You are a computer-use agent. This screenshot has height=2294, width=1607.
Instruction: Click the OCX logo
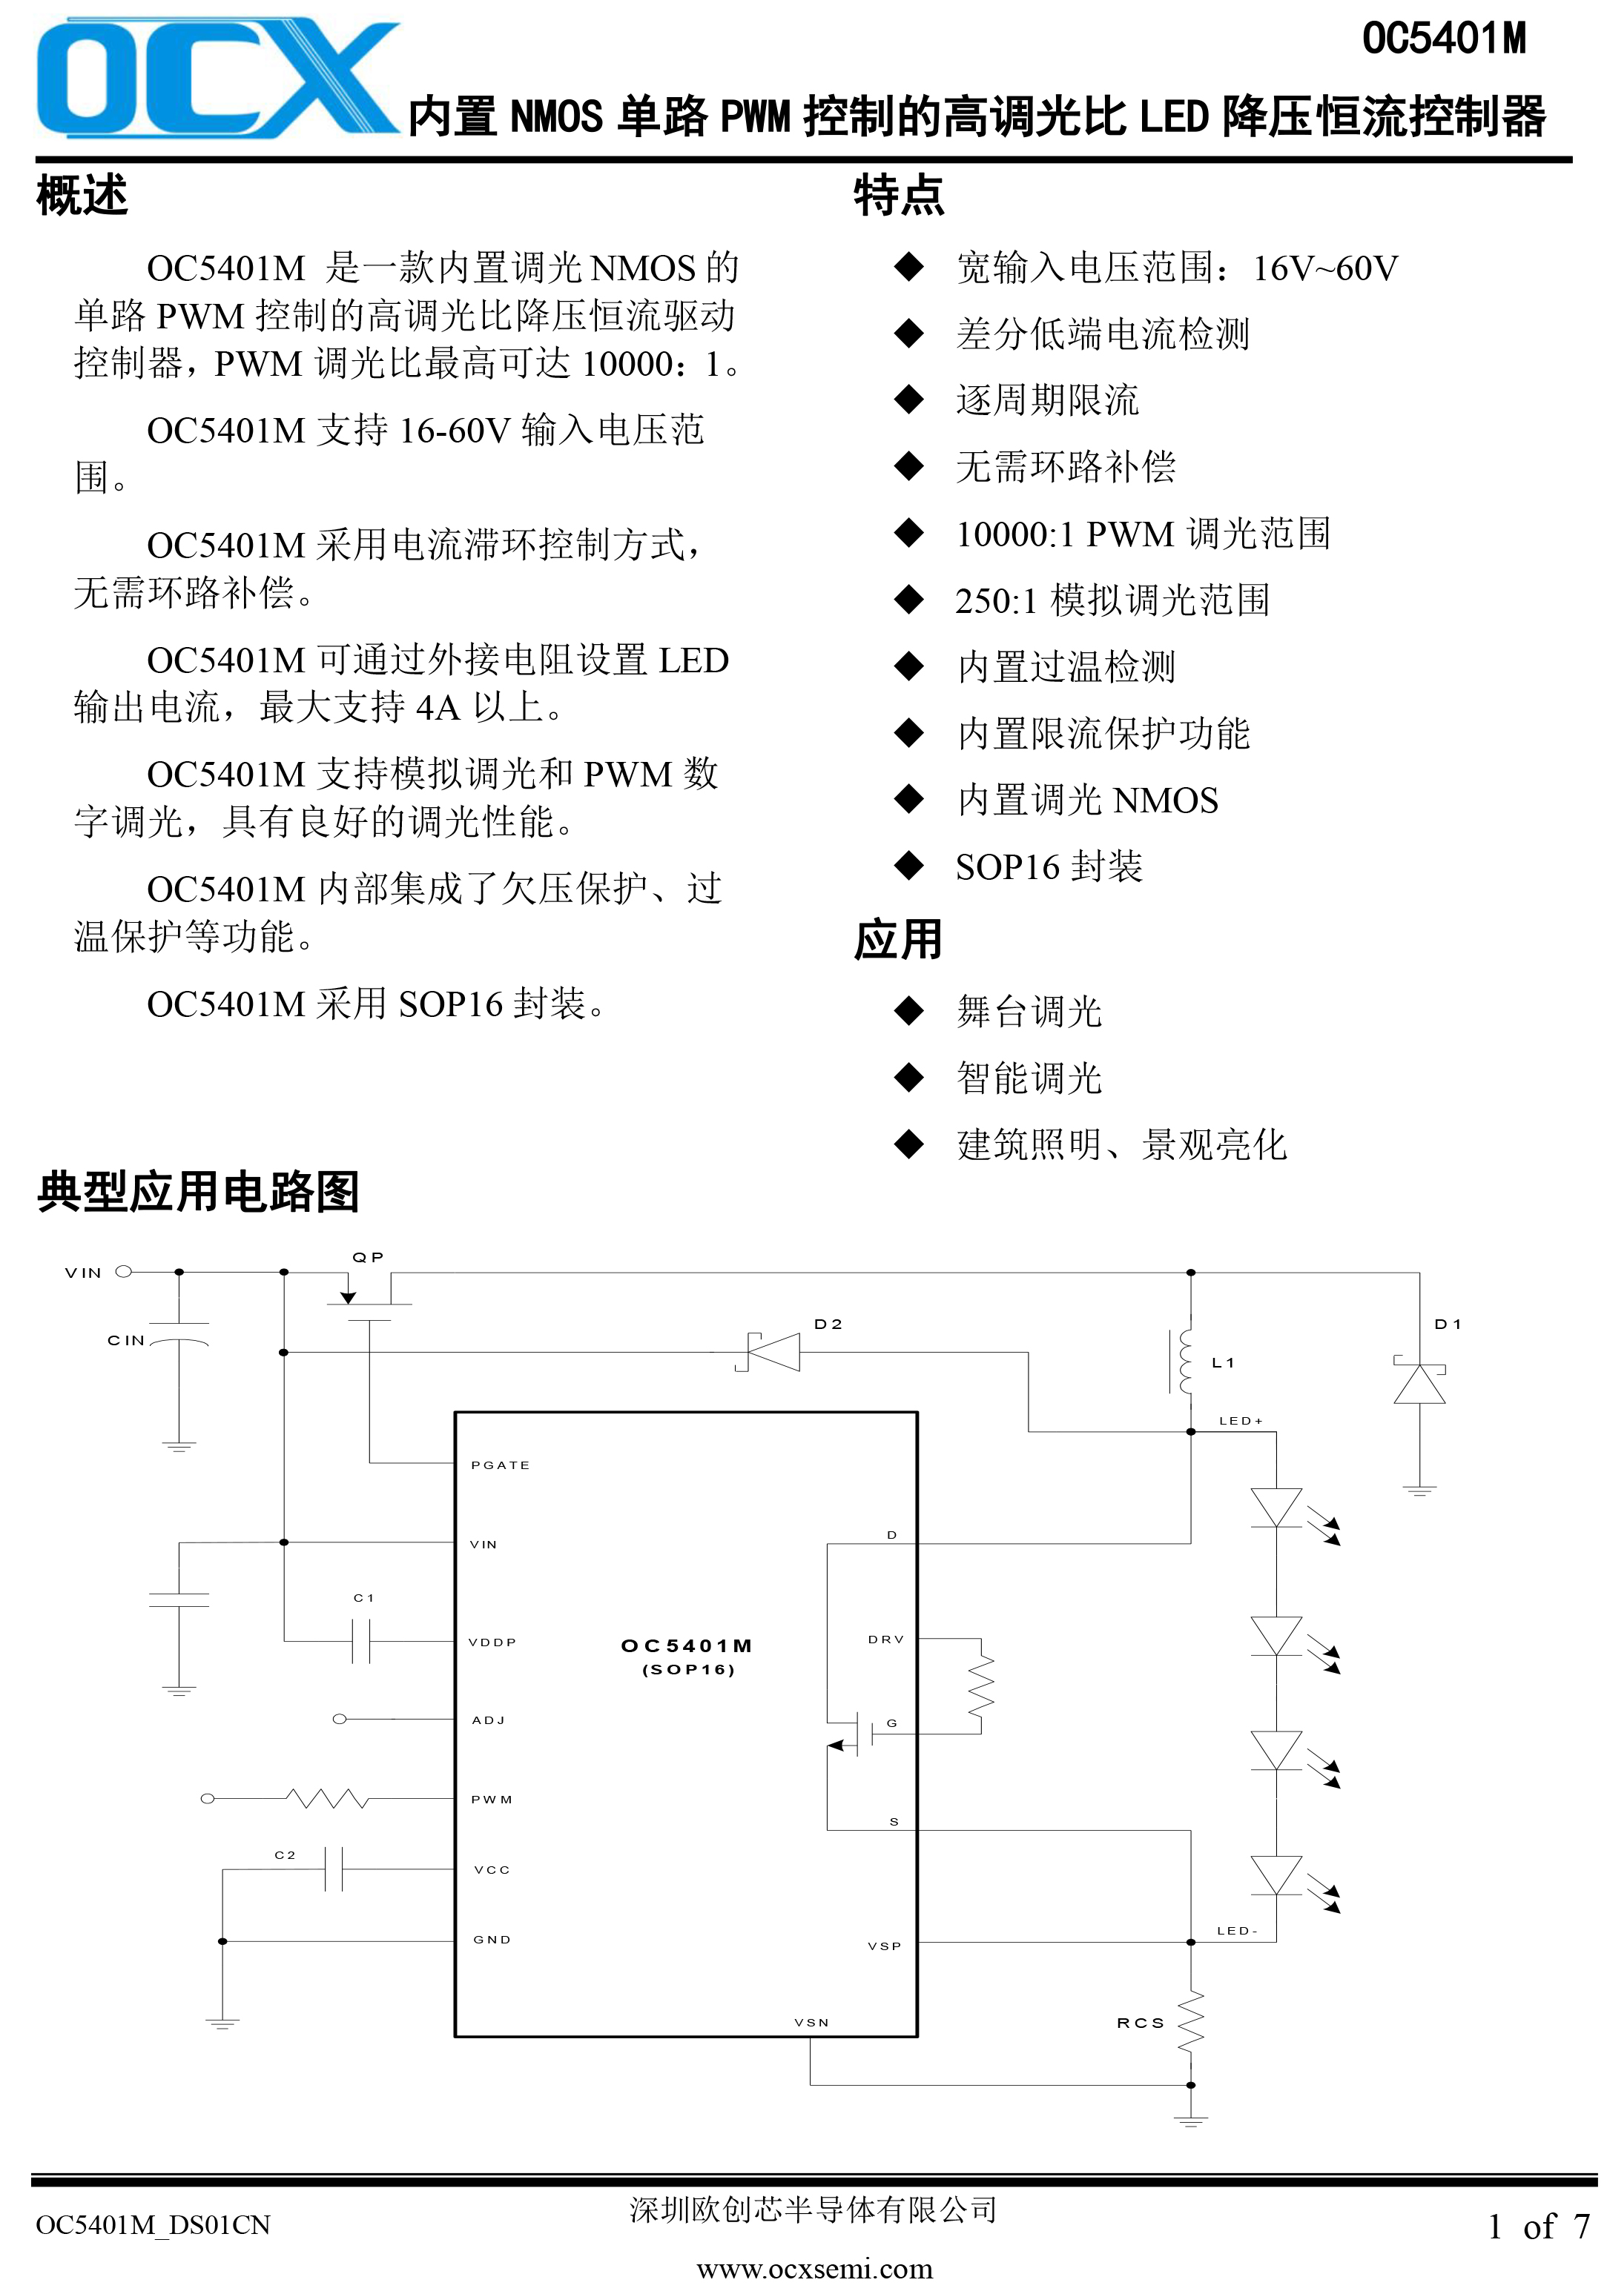[x=218, y=78]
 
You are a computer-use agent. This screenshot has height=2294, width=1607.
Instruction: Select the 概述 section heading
[x=82, y=194]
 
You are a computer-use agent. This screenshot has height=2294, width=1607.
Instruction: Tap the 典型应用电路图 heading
[x=198, y=1191]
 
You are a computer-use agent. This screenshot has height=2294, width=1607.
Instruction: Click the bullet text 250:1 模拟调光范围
[x=1112, y=600]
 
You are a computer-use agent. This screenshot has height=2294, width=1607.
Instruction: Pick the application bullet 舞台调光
[x=1029, y=1011]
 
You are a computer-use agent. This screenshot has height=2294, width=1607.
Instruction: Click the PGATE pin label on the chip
[x=500, y=1465]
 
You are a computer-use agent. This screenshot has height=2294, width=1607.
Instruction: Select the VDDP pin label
[x=492, y=1642]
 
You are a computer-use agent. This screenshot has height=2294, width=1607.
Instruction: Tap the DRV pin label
[x=885, y=1640]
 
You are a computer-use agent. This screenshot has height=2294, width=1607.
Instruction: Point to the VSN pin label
[x=811, y=2022]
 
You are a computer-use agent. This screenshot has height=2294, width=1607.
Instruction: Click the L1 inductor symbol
[x=1181, y=1361]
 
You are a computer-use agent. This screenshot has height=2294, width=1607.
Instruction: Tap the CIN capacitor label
[x=126, y=1340]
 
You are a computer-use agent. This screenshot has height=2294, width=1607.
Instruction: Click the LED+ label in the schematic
[x=1240, y=1420]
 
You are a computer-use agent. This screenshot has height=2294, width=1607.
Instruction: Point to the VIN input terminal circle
[x=124, y=1272]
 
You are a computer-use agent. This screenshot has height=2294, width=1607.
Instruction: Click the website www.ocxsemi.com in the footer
[x=814, y=2268]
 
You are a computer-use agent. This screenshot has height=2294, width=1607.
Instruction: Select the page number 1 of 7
[x=1538, y=2225]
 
